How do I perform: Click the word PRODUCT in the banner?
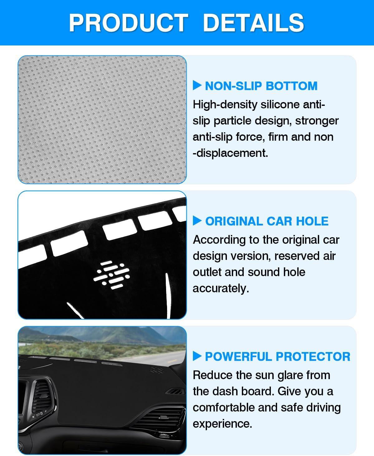[128, 23]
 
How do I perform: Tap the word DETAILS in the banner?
[254, 23]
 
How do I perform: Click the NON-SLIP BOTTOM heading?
[261, 86]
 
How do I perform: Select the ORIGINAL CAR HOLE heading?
[267, 221]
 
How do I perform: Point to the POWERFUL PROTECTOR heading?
[278, 356]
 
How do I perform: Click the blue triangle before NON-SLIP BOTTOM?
[197, 85]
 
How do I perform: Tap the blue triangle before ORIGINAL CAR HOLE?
[197, 221]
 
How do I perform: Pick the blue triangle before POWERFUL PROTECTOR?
[197, 356]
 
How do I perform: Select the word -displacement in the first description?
[230, 153]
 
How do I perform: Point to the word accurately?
[221, 289]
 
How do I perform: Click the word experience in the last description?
[223, 424]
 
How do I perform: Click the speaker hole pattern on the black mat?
[112, 275]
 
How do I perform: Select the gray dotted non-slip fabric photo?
[102, 120]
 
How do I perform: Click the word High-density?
[225, 105]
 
